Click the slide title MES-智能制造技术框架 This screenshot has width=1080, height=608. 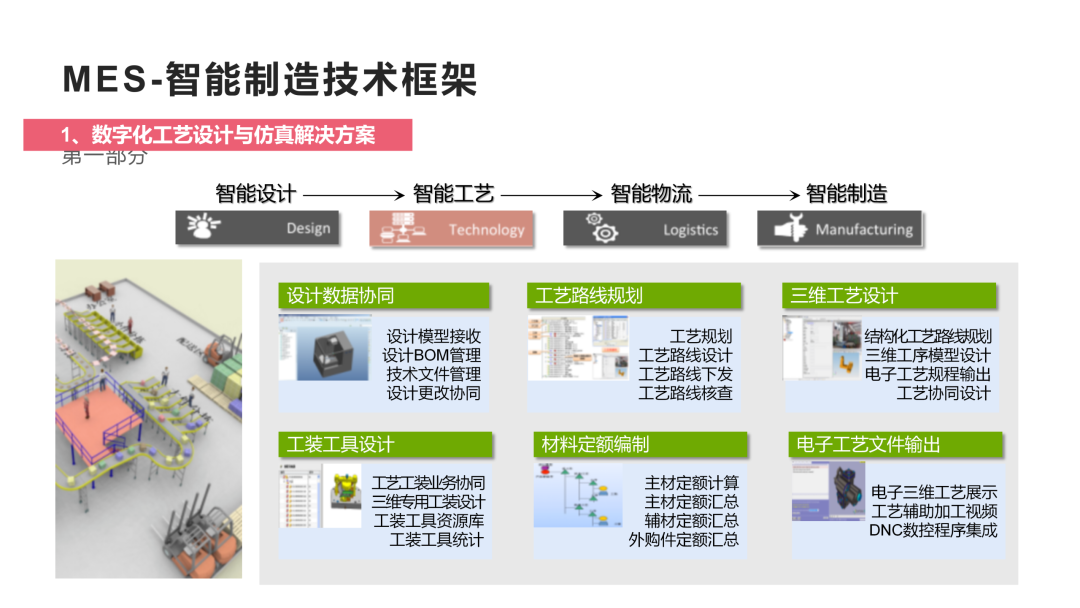[270, 79]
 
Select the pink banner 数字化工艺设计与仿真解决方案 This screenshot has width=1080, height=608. [218, 135]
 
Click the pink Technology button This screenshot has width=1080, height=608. [451, 229]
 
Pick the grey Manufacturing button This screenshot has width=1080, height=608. [839, 229]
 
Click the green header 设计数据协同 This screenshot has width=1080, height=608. [384, 296]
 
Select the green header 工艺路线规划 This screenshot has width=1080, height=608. [634, 296]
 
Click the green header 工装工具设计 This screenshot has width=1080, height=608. [385, 445]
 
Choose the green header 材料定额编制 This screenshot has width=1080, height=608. [640, 445]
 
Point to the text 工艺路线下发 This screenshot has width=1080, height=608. [685, 374]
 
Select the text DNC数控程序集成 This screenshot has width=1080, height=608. [933, 530]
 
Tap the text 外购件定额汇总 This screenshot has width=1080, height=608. [684, 540]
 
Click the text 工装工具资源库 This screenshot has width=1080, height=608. [428, 521]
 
